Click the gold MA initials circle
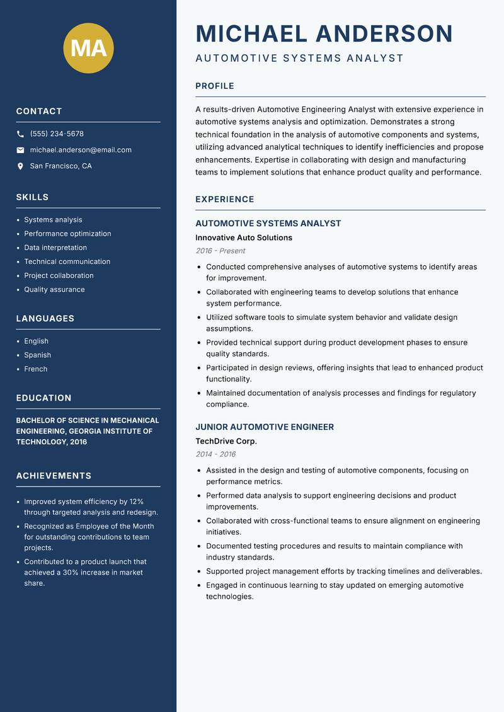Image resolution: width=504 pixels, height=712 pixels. coord(89,48)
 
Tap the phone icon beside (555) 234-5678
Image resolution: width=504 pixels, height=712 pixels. coord(20,134)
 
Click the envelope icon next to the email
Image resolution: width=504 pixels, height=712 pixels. coord(20,150)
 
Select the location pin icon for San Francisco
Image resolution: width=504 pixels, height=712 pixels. coord(20,166)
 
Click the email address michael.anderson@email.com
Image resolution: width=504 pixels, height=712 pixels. coord(81,150)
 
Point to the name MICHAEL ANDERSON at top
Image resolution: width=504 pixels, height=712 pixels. coord(324,33)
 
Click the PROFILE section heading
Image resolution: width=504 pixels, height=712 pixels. coord(215,86)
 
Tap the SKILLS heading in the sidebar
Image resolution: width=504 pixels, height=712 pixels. coord(32,197)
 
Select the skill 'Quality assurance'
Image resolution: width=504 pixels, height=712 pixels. coord(54,290)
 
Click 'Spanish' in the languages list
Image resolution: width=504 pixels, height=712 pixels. coord(38,355)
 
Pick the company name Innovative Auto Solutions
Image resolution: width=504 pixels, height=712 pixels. coord(244,238)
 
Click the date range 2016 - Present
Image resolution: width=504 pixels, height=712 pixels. coord(220,251)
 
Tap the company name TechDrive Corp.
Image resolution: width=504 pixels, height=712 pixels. coord(226,441)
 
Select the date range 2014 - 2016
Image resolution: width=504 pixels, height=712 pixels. coord(215,454)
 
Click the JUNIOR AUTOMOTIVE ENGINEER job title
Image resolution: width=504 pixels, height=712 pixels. coord(265,427)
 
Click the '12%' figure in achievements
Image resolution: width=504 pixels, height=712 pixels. coord(137,502)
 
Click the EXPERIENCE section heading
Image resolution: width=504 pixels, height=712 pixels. coord(225,200)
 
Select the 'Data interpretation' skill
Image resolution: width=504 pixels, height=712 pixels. coord(55,248)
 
